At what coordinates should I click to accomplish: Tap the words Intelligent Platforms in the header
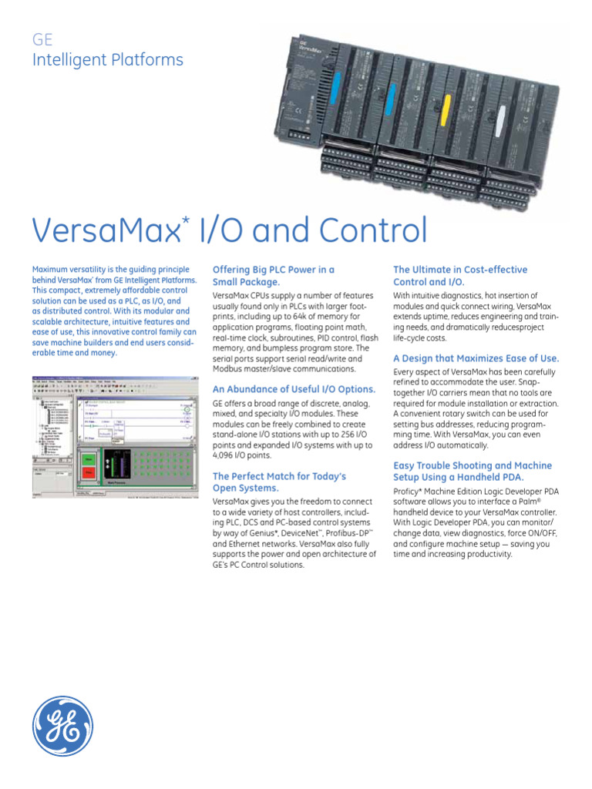pyautogui.click(x=107, y=60)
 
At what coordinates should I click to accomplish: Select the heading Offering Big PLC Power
pyautogui.click(x=273, y=276)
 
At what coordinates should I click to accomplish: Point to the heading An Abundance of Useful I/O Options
pyautogui.click(x=294, y=389)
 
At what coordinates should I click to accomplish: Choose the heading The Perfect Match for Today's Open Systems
pyautogui.click(x=279, y=482)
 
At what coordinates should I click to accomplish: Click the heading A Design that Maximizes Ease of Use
pyautogui.click(x=476, y=358)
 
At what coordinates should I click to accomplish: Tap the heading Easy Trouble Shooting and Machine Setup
pyautogui.click(x=473, y=472)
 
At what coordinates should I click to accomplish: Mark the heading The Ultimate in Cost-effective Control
pyautogui.click(x=460, y=276)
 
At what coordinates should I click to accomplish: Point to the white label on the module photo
pyautogui.click(x=502, y=119)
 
